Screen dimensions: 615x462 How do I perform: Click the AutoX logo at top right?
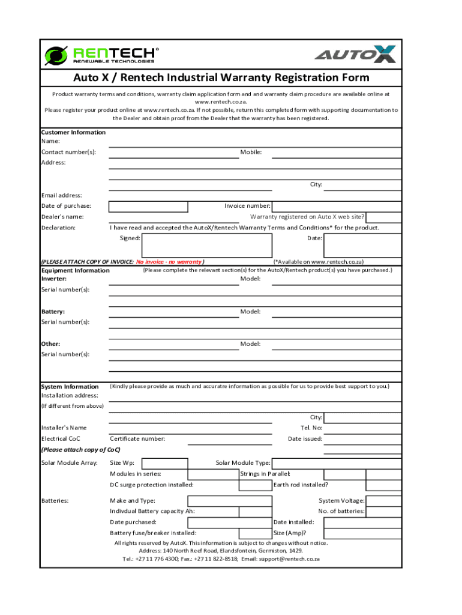click(x=355, y=55)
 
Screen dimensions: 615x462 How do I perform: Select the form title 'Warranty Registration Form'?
click(x=221, y=78)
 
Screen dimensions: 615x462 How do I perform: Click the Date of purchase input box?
click(x=148, y=207)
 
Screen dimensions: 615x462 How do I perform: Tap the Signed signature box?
click(x=206, y=246)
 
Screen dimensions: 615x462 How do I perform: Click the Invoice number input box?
click(x=336, y=207)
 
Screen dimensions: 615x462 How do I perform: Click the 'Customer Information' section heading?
click(x=73, y=132)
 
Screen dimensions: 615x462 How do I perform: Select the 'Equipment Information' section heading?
click(x=75, y=270)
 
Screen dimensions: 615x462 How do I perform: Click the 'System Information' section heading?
click(x=70, y=387)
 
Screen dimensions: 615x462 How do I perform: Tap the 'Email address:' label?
click(x=61, y=196)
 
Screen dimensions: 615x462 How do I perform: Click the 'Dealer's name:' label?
click(x=62, y=217)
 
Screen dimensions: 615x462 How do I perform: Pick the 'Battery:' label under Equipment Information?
click(x=53, y=312)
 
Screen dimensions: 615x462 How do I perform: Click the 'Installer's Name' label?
click(x=64, y=428)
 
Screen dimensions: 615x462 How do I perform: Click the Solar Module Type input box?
click(x=336, y=463)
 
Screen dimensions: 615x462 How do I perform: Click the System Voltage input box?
click(x=383, y=501)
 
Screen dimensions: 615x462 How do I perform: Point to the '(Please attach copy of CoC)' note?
click(x=80, y=449)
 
